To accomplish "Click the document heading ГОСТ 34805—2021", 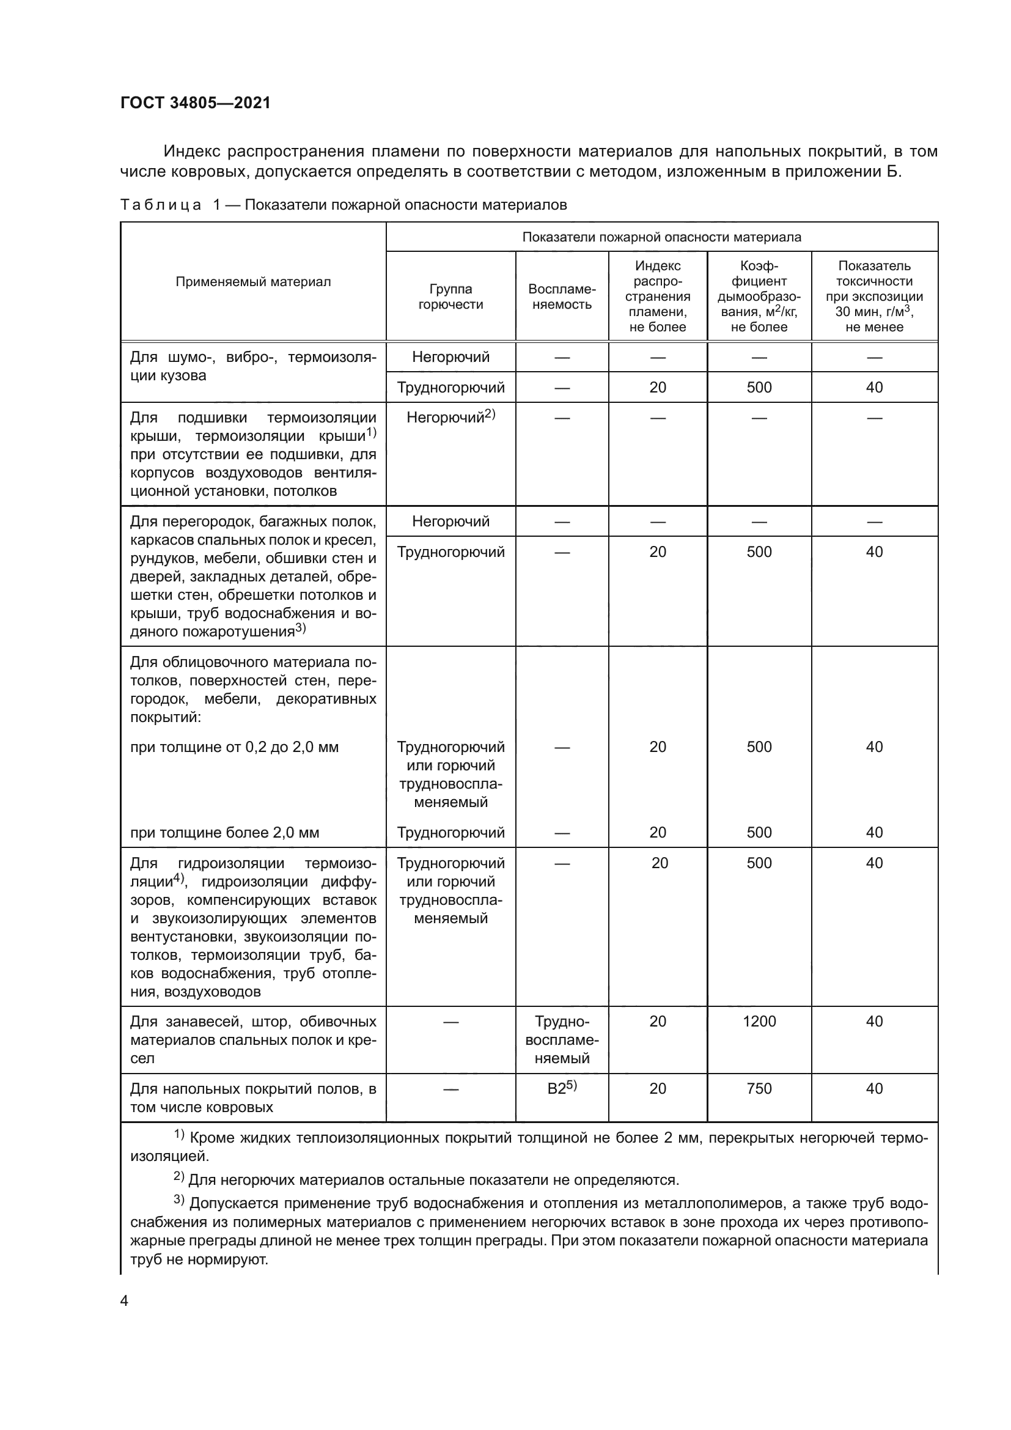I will [x=196, y=103].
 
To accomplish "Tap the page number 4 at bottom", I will [x=124, y=1300].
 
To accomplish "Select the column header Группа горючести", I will [x=450, y=297].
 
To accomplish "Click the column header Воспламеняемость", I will [x=562, y=297].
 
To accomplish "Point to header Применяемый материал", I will [x=253, y=281].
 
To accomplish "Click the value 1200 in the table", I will [x=759, y=1022].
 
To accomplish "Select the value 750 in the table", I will [x=759, y=1089].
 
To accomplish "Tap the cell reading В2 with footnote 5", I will [x=562, y=1088].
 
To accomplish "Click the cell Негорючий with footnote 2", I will [x=450, y=418].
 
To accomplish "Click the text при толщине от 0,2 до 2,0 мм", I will [x=234, y=746].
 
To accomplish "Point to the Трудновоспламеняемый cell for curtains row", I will [x=562, y=1039].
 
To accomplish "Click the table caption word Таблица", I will [x=161, y=205].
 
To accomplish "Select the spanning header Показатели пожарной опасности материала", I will [x=661, y=237].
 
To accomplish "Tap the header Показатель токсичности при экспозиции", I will [x=874, y=297].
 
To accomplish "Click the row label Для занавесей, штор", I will [x=253, y=1039].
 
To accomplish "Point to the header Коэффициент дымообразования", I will [x=759, y=297].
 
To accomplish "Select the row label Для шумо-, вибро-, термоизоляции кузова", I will [x=253, y=366].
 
